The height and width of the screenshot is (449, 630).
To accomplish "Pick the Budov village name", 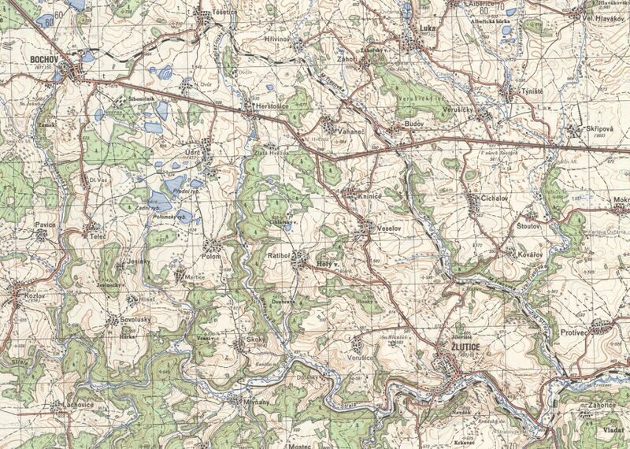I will (414, 125).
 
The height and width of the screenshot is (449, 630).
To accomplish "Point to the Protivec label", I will (576, 332).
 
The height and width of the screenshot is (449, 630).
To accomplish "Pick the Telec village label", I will (98, 236).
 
